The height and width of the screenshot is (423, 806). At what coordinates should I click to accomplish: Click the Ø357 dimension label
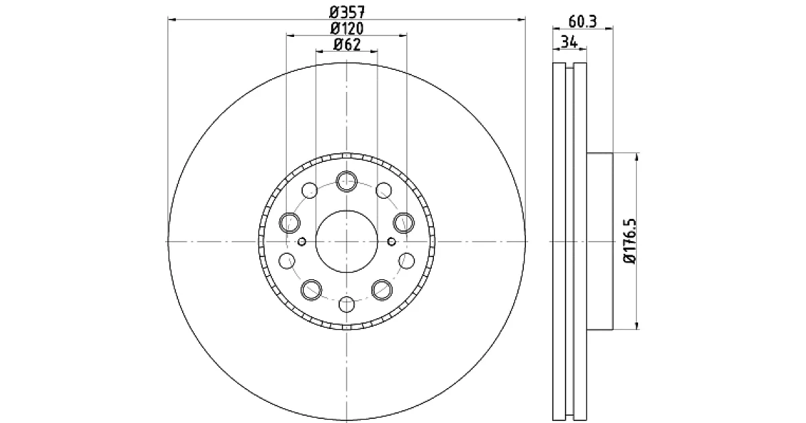pos(347,12)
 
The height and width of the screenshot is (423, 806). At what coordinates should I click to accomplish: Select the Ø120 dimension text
pos(347,28)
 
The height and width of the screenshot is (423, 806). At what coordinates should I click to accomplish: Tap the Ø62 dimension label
pos(347,44)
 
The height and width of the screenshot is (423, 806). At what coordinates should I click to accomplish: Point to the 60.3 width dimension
pos(582,21)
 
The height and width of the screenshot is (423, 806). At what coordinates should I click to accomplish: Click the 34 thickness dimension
pos(570,42)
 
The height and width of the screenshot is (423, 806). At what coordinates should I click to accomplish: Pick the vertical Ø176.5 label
pos(631,241)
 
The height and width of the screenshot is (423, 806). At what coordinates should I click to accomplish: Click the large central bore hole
pos(347,241)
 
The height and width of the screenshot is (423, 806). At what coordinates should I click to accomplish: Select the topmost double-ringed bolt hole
pos(347,181)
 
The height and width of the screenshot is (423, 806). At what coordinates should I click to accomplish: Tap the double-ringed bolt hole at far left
pos(289,223)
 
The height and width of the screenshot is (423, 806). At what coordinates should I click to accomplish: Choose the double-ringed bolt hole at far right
pos(404,223)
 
